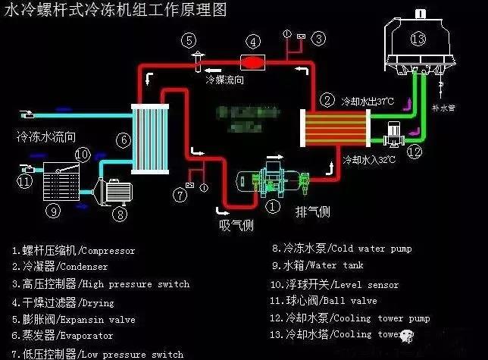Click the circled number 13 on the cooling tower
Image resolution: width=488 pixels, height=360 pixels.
[x=419, y=38]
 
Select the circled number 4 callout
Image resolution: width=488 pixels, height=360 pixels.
[x=254, y=40]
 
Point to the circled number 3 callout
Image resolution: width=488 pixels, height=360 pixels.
[x=320, y=37]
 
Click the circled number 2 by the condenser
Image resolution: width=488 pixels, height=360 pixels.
[x=327, y=99]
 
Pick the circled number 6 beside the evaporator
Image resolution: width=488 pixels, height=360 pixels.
[x=124, y=140]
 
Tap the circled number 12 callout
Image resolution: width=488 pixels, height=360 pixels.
[x=414, y=152]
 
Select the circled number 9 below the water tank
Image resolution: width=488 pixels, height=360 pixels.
[x=52, y=211]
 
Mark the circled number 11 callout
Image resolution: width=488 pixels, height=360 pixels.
[x=25, y=181]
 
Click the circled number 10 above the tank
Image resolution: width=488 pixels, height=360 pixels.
[x=83, y=155]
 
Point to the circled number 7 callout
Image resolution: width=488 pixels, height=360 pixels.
[x=180, y=195]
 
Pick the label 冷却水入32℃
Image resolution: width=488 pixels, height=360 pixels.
[x=369, y=161]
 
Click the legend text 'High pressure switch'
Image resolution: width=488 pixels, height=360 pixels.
[x=136, y=284]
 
